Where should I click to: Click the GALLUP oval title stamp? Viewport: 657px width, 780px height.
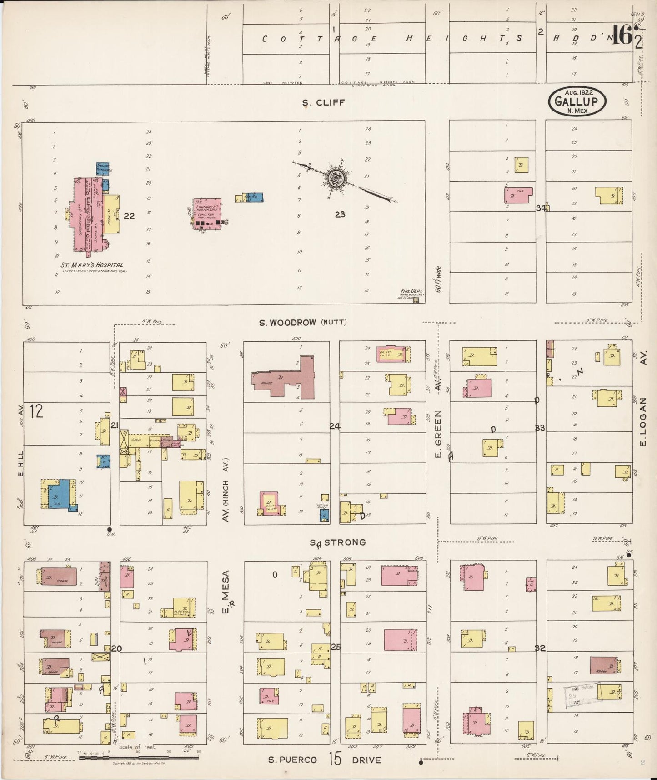[577, 102]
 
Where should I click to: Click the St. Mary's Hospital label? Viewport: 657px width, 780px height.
[92, 265]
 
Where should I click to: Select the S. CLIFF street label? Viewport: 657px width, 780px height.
[324, 103]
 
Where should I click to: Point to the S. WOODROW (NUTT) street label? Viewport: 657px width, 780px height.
[302, 323]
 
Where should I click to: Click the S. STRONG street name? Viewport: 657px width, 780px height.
[337, 542]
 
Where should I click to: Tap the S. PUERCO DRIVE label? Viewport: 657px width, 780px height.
[324, 760]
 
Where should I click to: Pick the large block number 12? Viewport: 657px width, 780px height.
[36, 411]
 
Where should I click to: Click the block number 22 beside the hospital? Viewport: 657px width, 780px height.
[129, 216]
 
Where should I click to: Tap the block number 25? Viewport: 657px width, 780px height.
[336, 647]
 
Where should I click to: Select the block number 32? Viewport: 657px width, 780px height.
[540, 648]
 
